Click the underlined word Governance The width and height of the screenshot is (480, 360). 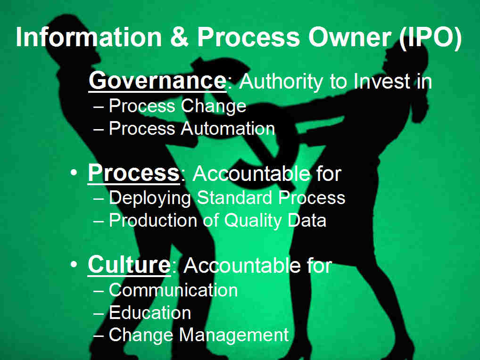(157, 81)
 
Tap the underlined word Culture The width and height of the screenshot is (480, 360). (129, 265)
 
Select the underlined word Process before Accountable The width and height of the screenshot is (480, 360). (134, 173)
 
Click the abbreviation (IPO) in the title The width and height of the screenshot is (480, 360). (430, 37)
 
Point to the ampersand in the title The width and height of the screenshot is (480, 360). (179, 37)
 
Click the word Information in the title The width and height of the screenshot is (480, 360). (89, 37)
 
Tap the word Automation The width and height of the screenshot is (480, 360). (228, 128)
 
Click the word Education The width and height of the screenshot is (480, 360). (150, 312)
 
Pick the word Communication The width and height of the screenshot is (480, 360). (173, 290)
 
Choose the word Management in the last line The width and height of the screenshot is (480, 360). (234, 335)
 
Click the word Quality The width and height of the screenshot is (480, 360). (253, 221)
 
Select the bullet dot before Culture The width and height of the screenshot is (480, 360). (74, 264)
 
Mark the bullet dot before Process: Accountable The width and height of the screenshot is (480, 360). (74, 172)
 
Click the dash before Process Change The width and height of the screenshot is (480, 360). (99, 107)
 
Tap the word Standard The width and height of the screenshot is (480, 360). (234, 197)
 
